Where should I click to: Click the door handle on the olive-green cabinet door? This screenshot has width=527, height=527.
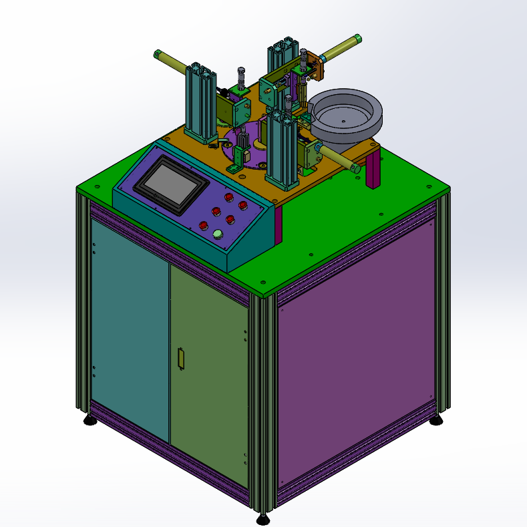[180, 358]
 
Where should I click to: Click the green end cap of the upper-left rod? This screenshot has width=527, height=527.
[158, 53]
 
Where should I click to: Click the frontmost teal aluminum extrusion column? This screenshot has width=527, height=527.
[280, 150]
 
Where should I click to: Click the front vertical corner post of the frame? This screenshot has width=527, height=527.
[262, 401]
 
